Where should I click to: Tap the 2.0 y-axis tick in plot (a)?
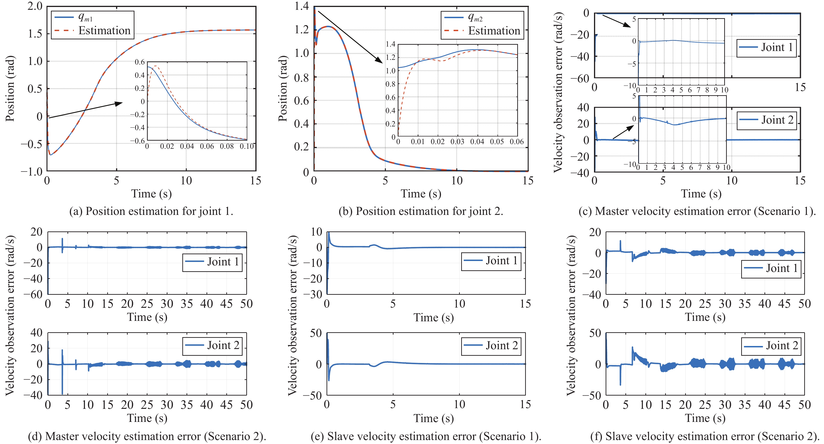coord(35,6)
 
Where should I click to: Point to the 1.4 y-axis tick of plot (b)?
coord(302,6)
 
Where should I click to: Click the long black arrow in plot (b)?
coord(350,37)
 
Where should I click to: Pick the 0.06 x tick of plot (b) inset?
coord(517,142)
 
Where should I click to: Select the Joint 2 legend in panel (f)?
coord(771,346)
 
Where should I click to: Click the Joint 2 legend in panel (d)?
coord(212,346)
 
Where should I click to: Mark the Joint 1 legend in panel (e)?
coord(491,261)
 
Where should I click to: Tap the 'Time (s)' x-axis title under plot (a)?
coord(151,194)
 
